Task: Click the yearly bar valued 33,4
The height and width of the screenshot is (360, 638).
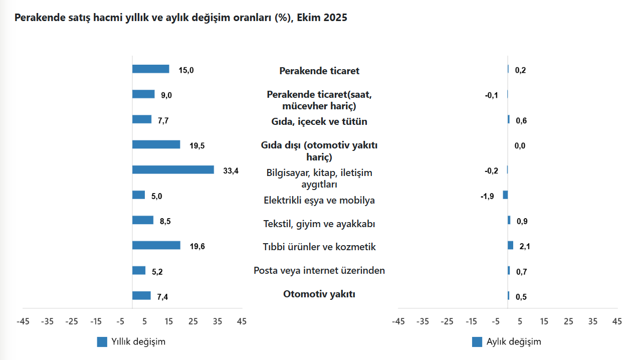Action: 173,170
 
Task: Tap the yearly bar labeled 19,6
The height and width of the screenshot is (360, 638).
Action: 156,245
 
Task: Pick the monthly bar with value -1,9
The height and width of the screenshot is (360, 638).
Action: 505,195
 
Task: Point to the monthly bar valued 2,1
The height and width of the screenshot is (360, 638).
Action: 510,245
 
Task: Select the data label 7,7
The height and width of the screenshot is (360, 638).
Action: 164,120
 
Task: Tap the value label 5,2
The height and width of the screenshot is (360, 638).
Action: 157,272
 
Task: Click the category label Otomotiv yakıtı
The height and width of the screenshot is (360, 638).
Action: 319,294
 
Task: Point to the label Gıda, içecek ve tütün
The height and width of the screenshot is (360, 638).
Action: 319,122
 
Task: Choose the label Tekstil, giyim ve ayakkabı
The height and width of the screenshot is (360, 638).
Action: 319,224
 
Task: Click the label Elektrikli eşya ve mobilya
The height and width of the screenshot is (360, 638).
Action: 319,201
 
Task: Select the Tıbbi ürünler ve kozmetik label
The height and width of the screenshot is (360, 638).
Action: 319,247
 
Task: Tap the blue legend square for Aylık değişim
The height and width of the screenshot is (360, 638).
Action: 477,342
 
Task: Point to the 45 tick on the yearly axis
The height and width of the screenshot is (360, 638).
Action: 242,321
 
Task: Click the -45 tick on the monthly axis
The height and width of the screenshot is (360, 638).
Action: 398,321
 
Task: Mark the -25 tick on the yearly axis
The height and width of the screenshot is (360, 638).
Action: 72,321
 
